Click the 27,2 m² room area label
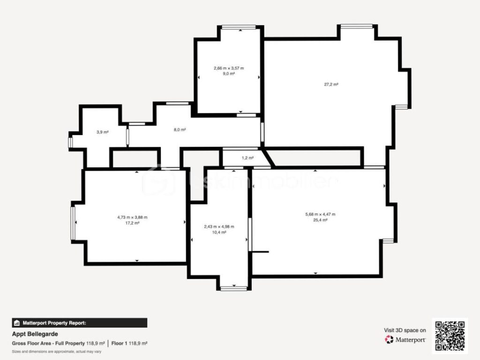[331, 84]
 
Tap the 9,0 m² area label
[229, 74]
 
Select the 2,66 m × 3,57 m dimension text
[229, 68]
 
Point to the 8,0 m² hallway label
[180, 130]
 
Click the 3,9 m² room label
[103, 132]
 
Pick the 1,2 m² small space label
[247, 158]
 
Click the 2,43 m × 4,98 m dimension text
[219, 227]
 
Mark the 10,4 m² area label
[219, 232]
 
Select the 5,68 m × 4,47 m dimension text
[320, 214]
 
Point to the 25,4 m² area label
[320, 220]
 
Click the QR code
[450, 335]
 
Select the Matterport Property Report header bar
[79, 322]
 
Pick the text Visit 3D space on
[405, 330]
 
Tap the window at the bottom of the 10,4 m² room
[233, 288]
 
